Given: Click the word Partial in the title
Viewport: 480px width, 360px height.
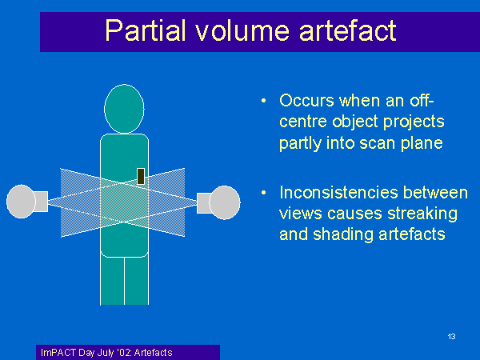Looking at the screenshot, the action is click(x=146, y=30).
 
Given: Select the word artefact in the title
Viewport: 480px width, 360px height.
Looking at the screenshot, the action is click(x=348, y=30).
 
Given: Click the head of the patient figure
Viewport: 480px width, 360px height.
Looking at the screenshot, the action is click(x=124, y=109).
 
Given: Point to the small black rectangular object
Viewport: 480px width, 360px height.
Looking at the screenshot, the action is click(x=141, y=176).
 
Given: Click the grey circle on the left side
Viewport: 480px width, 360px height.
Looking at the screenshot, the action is click(x=21, y=202).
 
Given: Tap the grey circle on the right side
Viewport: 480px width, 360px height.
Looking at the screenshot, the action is click(x=225, y=202).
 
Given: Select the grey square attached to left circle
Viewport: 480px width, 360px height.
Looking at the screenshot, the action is click(x=41, y=202).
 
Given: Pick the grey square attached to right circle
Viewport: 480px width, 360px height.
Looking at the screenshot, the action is click(x=204, y=203).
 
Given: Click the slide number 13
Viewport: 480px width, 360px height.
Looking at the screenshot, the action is click(x=451, y=337).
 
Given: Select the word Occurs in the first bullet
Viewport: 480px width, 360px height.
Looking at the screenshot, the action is click(x=306, y=101).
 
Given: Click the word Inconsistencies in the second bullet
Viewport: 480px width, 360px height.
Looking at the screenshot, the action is click(x=338, y=193).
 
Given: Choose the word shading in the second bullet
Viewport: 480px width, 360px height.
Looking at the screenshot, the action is click(x=344, y=234).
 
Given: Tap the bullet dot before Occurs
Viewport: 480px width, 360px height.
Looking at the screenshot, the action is click(x=263, y=101).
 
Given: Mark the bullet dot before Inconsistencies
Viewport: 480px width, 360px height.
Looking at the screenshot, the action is click(x=263, y=193).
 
